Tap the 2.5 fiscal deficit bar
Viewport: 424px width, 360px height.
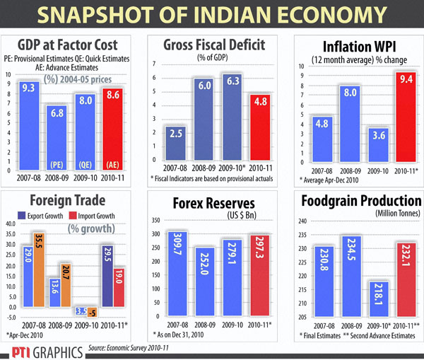175,148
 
